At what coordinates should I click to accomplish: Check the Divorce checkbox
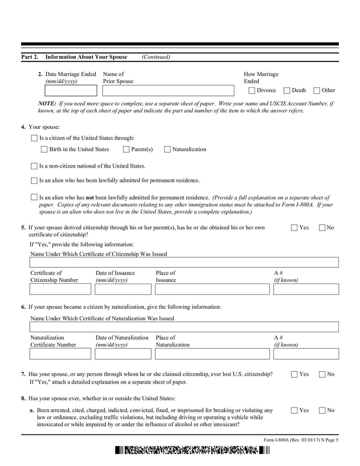pyautogui.click(x=252, y=90)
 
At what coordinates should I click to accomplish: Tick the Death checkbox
pyautogui.click(x=287, y=90)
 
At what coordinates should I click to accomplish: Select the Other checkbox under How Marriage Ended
pyautogui.click(x=317, y=90)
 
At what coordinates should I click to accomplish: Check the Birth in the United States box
pyautogui.click(x=44, y=149)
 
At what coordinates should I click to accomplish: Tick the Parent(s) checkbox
pyautogui.click(x=126, y=149)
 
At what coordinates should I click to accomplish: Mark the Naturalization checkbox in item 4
pyautogui.click(x=167, y=149)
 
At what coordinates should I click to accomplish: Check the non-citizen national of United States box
pyautogui.click(x=34, y=166)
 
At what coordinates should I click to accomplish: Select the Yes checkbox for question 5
pyautogui.click(x=294, y=228)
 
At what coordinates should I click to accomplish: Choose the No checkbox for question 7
pyautogui.click(x=323, y=374)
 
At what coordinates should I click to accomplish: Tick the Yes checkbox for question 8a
pyautogui.click(x=294, y=410)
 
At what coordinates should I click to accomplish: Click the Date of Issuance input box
pyautogui.click(x=123, y=289)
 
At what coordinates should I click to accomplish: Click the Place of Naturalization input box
pyautogui.click(x=212, y=354)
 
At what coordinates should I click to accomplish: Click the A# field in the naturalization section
pyautogui.click(x=306, y=354)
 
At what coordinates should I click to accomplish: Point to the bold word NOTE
pyautogui.click(x=47, y=104)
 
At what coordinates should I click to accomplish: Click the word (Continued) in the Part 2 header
pyautogui.click(x=156, y=57)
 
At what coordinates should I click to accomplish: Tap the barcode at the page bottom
pyautogui.click(x=192, y=451)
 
